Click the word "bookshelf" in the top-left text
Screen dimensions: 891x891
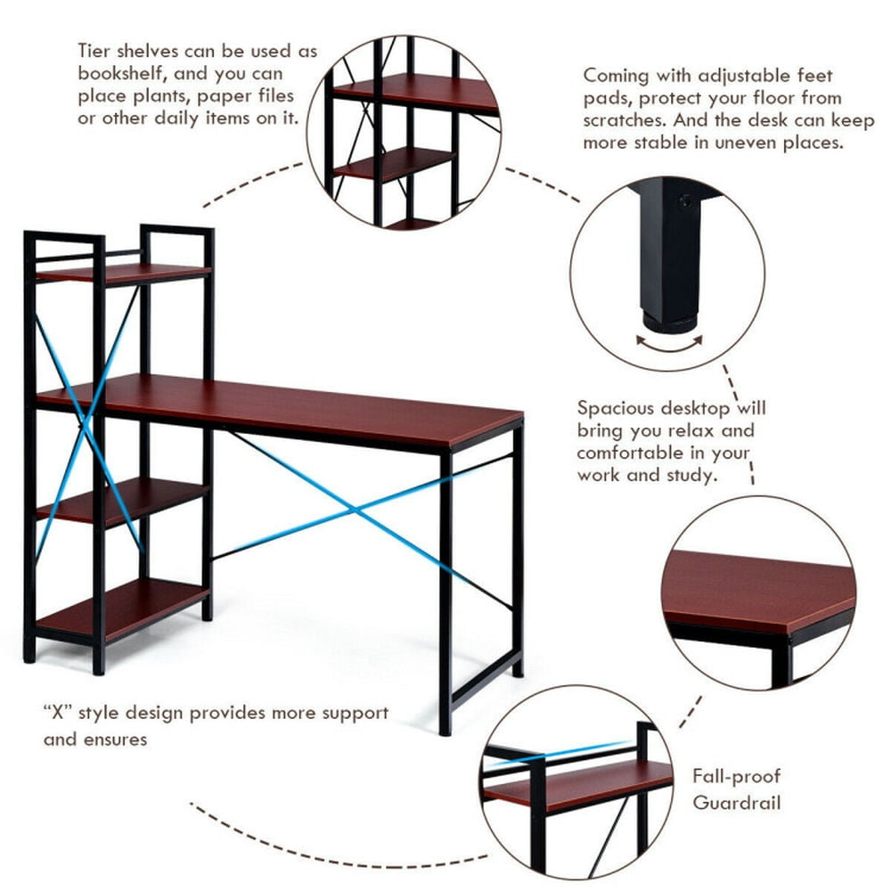pos(120,74)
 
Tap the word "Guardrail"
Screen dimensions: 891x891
pos(737,802)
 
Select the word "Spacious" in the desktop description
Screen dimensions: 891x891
pos(617,408)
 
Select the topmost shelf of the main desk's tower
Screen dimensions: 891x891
pos(125,272)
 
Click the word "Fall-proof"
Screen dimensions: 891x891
pos(736,777)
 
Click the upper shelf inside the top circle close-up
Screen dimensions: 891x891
pos(419,93)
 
